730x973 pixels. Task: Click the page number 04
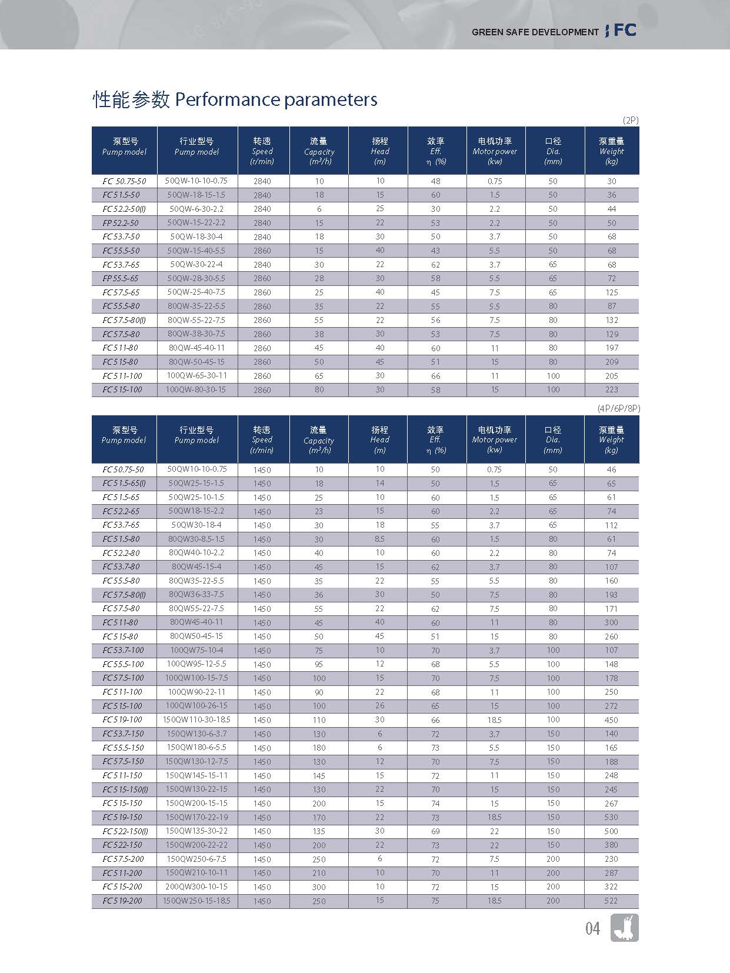(x=592, y=928)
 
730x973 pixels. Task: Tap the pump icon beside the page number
(x=624, y=928)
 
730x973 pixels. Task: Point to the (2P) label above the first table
(x=630, y=120)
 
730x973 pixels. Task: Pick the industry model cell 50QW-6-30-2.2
(x=196, y=209)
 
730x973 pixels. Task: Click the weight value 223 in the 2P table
(x=612, y=389)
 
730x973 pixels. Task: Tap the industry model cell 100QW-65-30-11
(x=196, y=375)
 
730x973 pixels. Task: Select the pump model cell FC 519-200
(x=122, y=901)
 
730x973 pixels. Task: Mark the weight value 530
(x=611, y=817)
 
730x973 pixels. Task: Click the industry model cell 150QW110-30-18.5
(x=196, y=719)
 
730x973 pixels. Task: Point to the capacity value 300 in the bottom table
(x=319, y=887)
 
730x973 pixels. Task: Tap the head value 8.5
(x=379, y=539)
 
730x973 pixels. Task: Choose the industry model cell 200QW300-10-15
(x=196, y=887)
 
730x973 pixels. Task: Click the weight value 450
(x=611, y=719)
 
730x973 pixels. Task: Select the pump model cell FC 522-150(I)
(x=125, y=831)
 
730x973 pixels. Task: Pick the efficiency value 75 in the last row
(x=435, y=901)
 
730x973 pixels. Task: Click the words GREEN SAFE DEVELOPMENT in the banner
(x=535, y=32)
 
